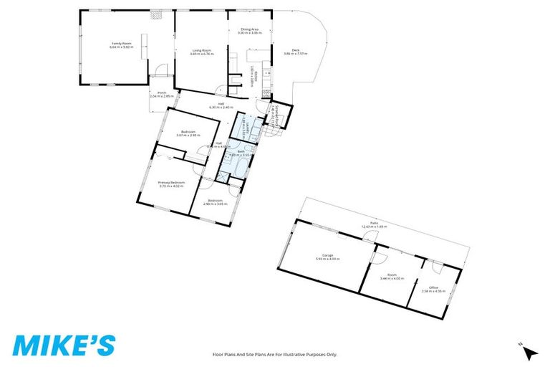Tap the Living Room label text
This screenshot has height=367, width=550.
point(201,50)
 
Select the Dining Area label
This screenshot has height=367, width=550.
point(249,29)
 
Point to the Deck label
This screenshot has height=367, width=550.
point(295,50)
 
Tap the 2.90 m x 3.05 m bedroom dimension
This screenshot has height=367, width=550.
point(216,204)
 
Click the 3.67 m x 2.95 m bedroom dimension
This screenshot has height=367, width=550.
point(189,135)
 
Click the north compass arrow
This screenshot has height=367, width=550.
point(530,352)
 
